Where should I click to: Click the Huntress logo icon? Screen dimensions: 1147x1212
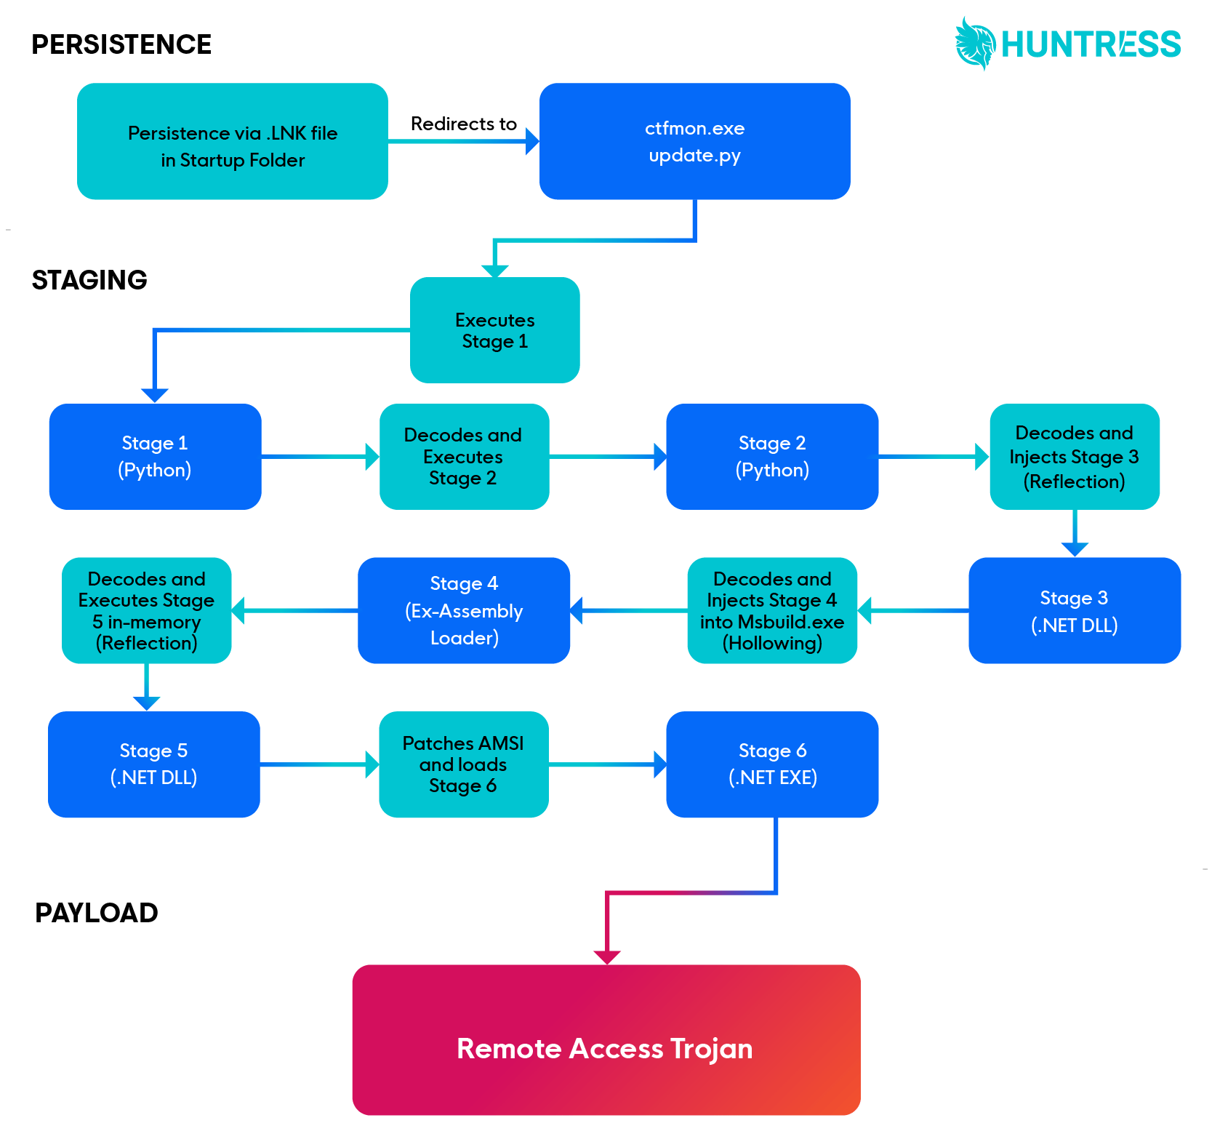point(975,44)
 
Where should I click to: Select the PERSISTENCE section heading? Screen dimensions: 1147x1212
point(121,44)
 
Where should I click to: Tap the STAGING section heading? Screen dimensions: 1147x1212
point(89,280)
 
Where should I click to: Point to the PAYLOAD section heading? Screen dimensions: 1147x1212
point(97,913)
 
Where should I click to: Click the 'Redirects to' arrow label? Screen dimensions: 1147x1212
point(463,124)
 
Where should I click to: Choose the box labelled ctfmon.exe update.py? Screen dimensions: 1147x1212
point(694,141)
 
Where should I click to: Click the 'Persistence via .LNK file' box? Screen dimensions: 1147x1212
point(232,141)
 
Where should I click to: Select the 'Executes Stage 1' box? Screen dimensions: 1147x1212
point(494,330)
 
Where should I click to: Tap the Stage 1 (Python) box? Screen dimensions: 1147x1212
point(155,457)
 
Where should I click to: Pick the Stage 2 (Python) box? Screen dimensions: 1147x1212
point(772,457)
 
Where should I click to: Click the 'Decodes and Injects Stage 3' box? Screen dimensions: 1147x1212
point(1074,457)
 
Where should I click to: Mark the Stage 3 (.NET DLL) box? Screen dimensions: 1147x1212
point(1074,610)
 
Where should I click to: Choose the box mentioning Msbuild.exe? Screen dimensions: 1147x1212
point(772,610)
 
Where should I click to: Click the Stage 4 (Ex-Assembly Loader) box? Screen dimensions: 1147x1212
point(464,610)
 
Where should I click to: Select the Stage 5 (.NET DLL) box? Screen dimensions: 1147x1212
point(153,764)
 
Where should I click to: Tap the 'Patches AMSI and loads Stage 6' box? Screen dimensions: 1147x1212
point(463,764)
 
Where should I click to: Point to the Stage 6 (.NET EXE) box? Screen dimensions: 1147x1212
point(772,764)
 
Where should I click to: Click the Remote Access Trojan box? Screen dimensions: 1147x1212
point(606,1040)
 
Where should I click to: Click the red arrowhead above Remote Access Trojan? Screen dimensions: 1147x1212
point(607,957)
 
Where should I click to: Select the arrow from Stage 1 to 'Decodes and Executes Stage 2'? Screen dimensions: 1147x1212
point(320,457)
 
